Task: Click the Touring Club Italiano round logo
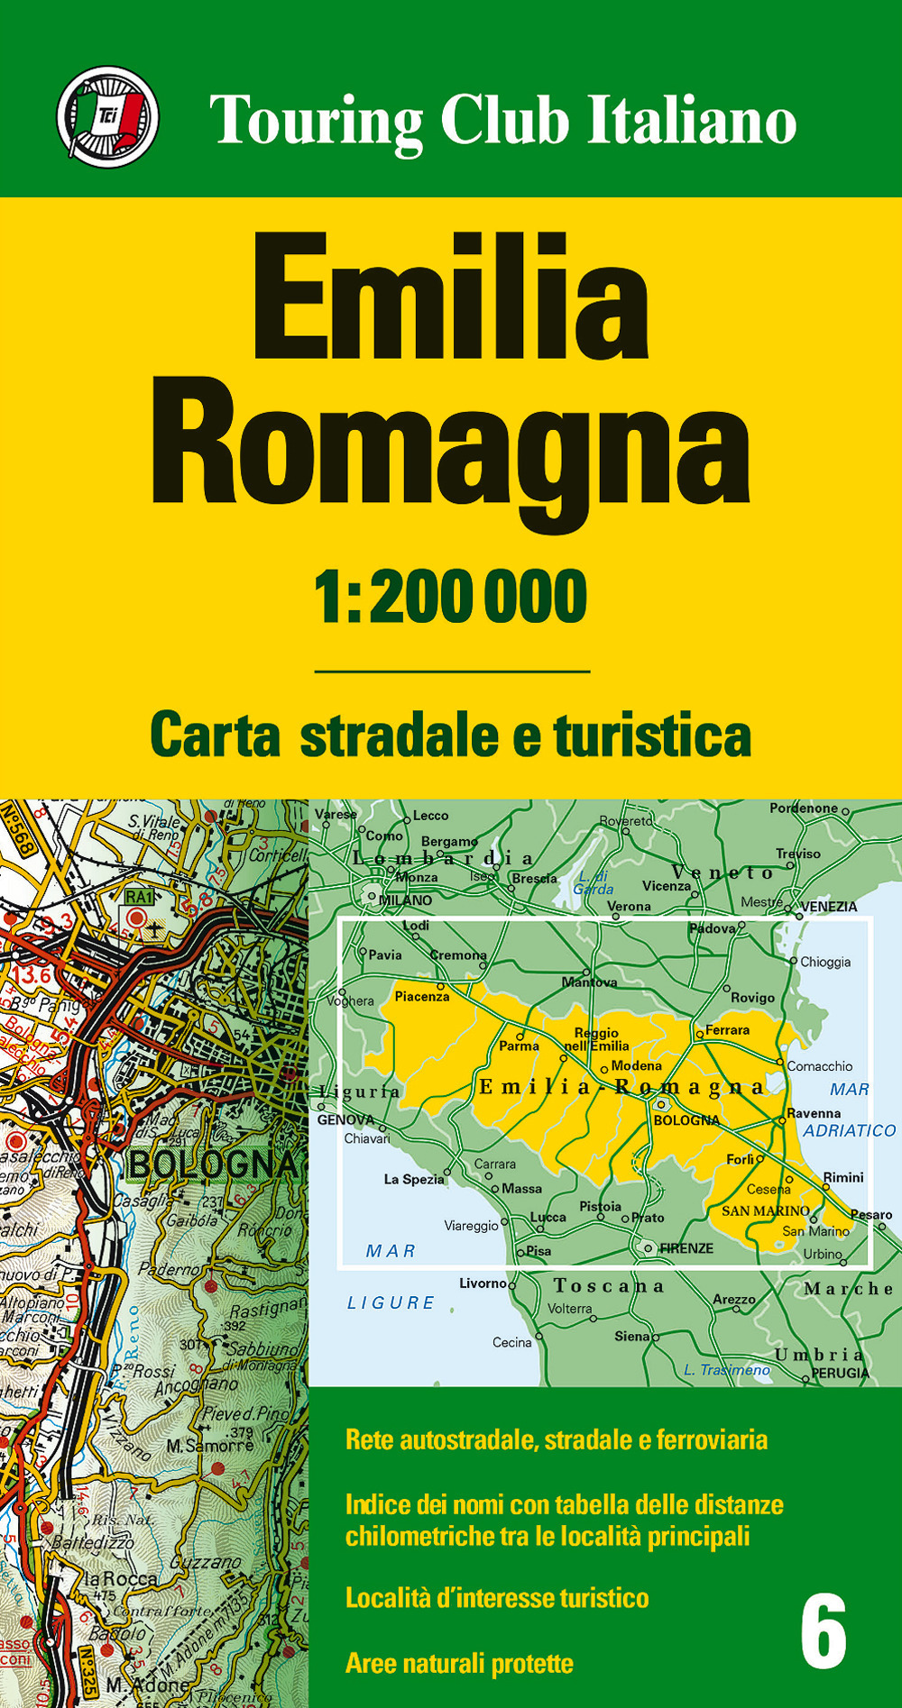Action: pos(108,117)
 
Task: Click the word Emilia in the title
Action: pos(450,297)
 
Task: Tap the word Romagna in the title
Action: pos(450,446)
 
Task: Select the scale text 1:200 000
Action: pos(450,597)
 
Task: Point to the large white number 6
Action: pos(824,1631)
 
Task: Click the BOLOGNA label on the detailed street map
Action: pos(213,1164)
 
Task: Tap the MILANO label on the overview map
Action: pos(405,900)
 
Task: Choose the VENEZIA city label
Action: pos(829,906)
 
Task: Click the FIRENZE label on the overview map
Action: pos(686,1248)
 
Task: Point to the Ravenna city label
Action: pos(814,1113)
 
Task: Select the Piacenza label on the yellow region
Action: pos(422,996)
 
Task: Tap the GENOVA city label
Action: pos(345,1120)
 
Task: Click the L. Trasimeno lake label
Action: pos(727,1370)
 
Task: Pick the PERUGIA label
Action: pos(841,1373)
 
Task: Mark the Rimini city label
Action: pos(843,1177)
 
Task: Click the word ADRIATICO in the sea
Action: pos(850,1130)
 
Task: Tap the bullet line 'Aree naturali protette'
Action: pos(459,1663)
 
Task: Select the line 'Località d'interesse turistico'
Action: pos(497,1598)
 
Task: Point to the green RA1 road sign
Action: pos(140,897)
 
